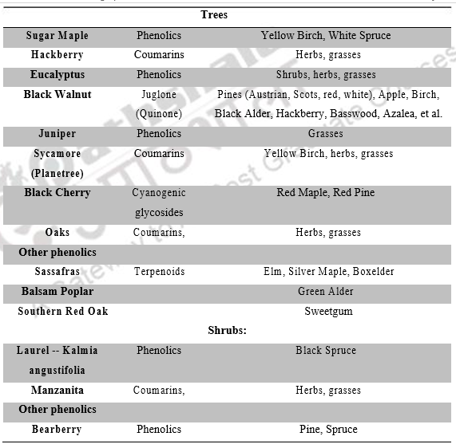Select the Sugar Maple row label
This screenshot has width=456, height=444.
57,35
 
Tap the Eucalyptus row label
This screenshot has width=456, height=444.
57,75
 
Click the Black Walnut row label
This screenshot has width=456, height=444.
57,95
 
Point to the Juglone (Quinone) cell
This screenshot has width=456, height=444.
159,104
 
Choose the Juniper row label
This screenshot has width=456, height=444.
57,134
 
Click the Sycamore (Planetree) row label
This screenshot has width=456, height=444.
57,163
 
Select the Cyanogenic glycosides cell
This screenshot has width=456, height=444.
159,202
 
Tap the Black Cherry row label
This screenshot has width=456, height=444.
57,193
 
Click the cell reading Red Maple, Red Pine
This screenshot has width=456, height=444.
325,193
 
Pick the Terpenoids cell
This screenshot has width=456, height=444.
159,272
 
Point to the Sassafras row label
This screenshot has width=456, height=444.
57,272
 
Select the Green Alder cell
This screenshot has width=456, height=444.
325,291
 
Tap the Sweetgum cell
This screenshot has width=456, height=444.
325,311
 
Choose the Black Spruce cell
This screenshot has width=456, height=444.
325,350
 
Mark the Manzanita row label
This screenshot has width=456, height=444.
57,390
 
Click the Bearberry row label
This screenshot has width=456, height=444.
57,429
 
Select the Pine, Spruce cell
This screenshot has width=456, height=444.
325,429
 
